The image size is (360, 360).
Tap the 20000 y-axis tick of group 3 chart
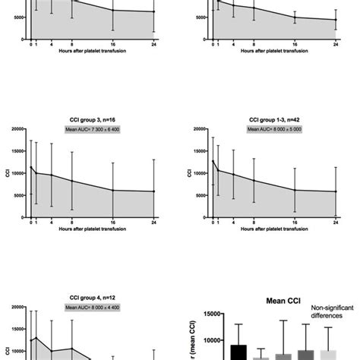point(18,129)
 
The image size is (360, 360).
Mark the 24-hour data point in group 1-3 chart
point(336,191)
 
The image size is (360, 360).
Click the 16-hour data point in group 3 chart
point(112,190)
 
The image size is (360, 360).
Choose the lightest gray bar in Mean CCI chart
point(328,355)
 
